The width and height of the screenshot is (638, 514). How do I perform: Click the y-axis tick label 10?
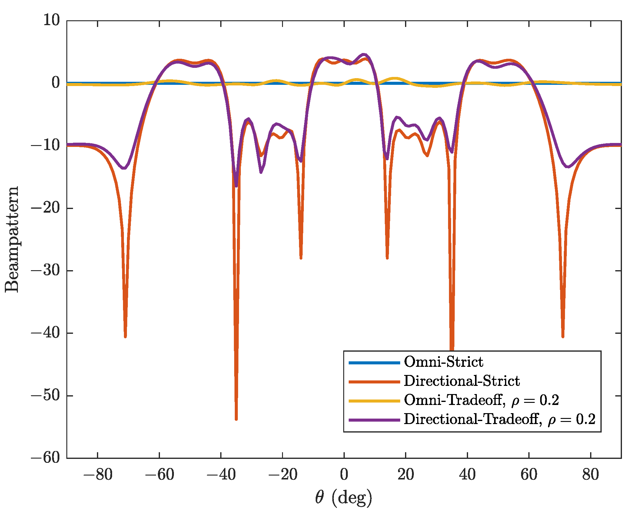52,21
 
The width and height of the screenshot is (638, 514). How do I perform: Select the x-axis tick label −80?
98,475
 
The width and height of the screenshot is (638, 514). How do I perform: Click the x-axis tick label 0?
344,475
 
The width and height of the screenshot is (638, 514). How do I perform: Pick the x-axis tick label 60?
529,475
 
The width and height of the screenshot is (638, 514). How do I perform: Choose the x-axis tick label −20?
282,475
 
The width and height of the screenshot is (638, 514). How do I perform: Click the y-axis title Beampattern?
12,240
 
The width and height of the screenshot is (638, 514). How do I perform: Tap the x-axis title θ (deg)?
344,498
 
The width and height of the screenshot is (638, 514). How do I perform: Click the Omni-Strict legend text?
444,362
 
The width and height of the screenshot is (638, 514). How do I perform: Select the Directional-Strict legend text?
462,381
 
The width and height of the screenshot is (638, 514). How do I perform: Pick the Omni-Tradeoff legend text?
481,400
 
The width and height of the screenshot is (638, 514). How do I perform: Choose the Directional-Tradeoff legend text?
500,419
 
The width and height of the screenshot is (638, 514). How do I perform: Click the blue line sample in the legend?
374,363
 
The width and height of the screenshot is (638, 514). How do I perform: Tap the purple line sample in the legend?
374,420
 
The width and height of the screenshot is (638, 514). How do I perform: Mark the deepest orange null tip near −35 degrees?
236,419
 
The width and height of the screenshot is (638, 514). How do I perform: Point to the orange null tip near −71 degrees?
125,336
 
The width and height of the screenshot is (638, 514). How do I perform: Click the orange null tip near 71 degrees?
563,336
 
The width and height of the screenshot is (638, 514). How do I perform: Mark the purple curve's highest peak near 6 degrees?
364,55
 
